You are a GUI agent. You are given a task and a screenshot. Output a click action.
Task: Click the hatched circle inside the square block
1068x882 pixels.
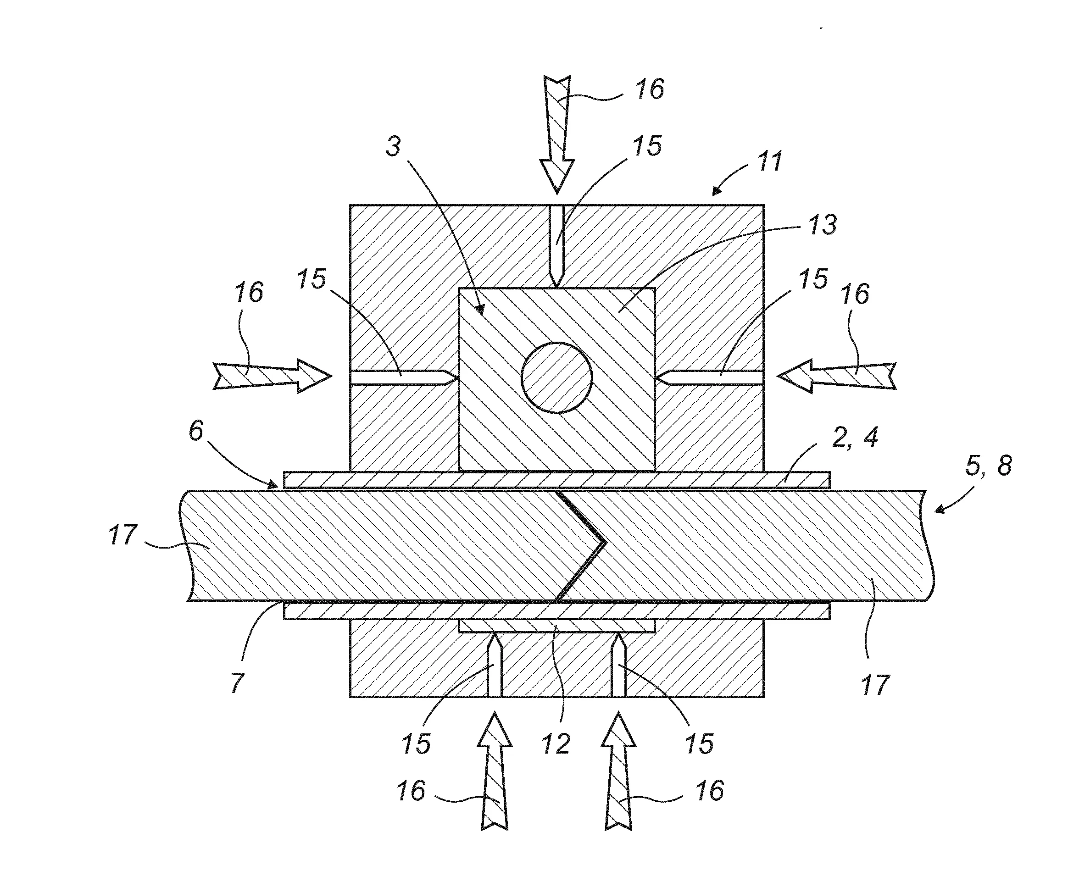point(556,377)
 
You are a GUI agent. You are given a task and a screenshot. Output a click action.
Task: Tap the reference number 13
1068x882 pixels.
point(822,225)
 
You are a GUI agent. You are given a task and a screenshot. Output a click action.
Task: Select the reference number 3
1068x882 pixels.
point(393,146)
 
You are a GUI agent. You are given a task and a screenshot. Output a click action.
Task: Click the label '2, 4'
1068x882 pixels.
point(855,437)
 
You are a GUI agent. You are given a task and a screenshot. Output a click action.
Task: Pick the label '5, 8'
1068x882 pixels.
point(988,466)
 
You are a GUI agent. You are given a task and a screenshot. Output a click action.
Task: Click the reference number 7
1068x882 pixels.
point(237,682)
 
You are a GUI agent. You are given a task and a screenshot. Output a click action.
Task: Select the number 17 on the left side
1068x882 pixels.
point(123,535)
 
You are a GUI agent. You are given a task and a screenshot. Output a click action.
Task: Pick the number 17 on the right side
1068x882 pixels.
point(875,684)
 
